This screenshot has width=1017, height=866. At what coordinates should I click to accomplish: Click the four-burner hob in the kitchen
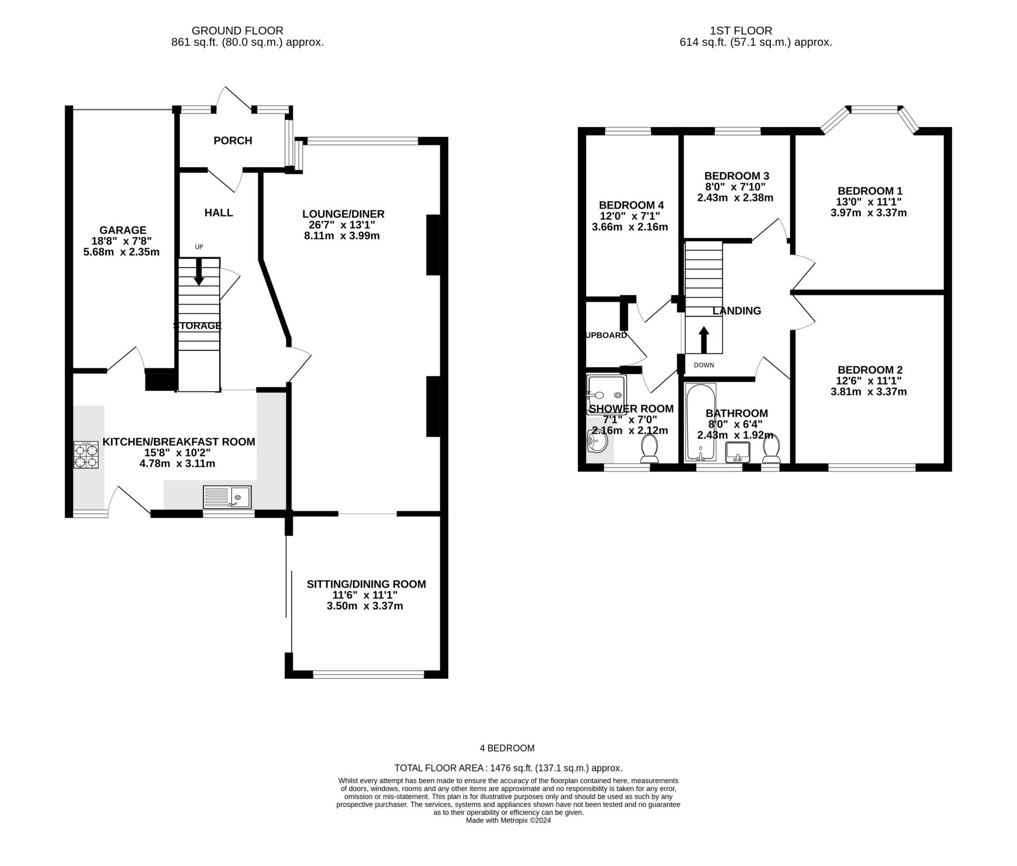click(x=86, y=455)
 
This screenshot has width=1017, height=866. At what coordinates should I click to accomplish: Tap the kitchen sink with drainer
click(x=227, y=497)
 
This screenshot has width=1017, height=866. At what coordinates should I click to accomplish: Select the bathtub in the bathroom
click(x=700, y=422)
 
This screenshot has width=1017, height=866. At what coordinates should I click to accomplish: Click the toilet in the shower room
click(x=649, y=449)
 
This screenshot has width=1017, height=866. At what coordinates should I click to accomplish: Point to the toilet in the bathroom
click(x=771, y=449)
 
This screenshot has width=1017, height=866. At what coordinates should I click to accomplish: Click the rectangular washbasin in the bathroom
click(x=737, y=453)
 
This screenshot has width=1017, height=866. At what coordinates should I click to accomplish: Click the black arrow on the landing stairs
click(x=704, y=339)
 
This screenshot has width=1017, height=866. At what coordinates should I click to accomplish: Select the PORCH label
click(x=233, y=140)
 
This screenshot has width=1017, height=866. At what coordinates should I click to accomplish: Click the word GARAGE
click(x=123, y=230)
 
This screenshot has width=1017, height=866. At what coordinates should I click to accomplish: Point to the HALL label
click(x=218, y=212)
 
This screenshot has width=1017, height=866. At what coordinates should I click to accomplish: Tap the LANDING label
click(x=736, y=311)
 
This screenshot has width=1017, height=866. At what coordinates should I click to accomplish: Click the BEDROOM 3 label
click(x=736, y=176)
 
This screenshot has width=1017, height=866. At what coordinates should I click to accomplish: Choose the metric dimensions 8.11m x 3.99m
click(x=342, y=236)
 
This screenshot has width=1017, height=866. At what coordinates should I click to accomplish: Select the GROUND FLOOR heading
click(x=237, y=31)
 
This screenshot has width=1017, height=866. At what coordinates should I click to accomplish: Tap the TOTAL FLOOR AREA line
click(x=508, y=768)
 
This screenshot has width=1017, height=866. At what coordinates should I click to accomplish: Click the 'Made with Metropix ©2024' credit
click(x=508, y=820)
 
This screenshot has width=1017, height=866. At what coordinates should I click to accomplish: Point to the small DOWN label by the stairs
click(x=704, y=365)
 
